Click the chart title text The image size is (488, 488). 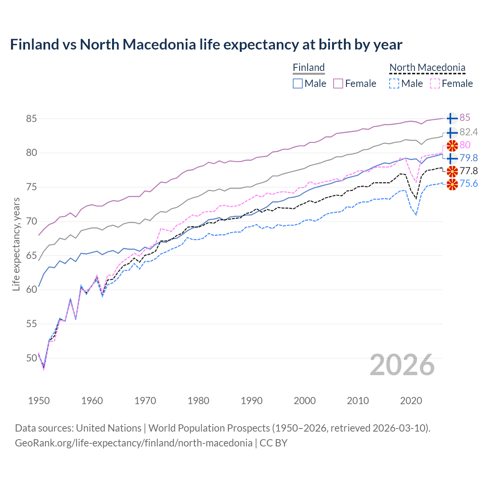[206, 45]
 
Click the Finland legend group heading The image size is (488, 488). [308, 67]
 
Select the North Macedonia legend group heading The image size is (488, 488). [427, 67]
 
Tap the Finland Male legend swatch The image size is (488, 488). [298, 83]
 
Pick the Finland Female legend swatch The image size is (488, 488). [338, 83]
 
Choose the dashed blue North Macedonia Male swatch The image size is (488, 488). [394, 83]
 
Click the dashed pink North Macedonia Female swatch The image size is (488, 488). [435, 83]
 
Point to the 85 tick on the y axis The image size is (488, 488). [31, 119]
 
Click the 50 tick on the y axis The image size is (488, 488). [31, 358]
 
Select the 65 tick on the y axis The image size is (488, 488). [31, 255]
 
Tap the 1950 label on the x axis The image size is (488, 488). [39, 401]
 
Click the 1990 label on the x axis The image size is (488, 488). [252, 401]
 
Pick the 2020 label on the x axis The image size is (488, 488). [411, 401]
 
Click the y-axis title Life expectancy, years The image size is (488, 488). [16, 244]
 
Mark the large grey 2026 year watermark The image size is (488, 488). [402, 365]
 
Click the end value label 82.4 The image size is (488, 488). [469, 132]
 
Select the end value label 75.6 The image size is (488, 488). [469, 184]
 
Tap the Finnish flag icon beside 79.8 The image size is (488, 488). [452, 158]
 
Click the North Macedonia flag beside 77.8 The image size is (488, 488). [452, 171]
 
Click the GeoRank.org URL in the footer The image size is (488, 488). [133, 443]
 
